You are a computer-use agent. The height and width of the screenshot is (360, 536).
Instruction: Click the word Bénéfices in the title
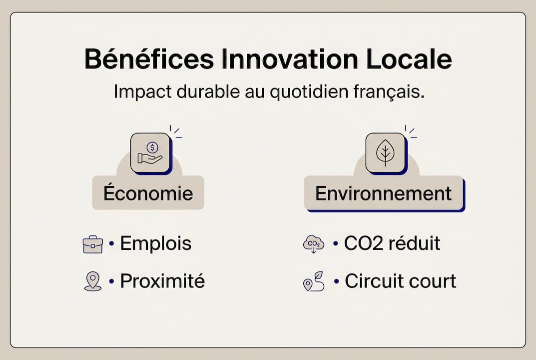point(148,59)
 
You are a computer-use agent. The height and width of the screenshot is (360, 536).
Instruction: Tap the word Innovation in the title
point(290,59)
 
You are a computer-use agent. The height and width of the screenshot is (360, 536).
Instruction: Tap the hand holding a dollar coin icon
point(150,152)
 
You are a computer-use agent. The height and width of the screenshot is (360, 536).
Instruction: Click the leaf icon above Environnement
point(385,152)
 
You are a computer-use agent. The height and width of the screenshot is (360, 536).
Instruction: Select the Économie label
point(148,193)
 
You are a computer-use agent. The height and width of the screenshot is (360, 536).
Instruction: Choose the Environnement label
point(383,193)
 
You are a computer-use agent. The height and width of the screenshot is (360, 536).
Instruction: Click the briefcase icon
point(92,244)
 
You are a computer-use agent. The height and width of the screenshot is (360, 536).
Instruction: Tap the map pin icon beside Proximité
point(92,281)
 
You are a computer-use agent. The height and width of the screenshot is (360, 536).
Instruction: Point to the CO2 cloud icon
point(313,244)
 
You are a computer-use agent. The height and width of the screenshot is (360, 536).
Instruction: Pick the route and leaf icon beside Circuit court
point(313,281)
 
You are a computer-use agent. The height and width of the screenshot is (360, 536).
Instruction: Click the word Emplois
point(156,243)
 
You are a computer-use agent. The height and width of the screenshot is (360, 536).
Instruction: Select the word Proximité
point(162,281)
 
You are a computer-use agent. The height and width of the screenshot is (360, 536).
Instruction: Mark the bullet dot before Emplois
point(111,244)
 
